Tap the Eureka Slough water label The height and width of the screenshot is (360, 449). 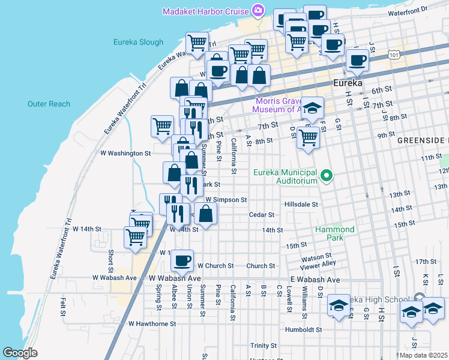(x=138, y=42)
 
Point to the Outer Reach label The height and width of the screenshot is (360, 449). (x=49, y=104)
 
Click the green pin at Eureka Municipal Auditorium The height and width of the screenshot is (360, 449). (x=327, y=176)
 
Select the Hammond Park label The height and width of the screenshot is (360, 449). (x=335, y=233)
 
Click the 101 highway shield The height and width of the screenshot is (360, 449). (x=393, y=55)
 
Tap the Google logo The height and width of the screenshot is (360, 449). (x=20, y=353)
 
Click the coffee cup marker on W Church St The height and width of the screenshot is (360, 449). (x=182, y=260)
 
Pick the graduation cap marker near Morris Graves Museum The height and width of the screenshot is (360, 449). (x=312, y=108)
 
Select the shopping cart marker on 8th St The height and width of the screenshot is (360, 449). (x=308, y=137)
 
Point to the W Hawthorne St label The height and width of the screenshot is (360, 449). (x=152, y=323)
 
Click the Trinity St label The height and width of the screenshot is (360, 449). (x=264, y=346)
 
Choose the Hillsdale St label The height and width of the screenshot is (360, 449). (x=301, y=204)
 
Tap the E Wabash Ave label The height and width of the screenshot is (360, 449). (x=315, y=280)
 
